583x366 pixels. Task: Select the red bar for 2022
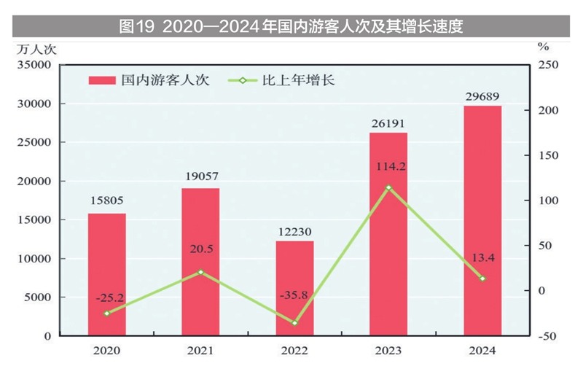coord(295,288)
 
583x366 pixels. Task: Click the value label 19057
coord(200,176)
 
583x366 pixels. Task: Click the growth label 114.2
coord(388,166)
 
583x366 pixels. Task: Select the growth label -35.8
coord(295,295)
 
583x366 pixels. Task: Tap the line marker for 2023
coord(388,187)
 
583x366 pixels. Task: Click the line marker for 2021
coord(200,272)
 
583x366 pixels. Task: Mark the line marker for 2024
coord(482,279)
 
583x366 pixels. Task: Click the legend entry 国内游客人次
coord(149,80)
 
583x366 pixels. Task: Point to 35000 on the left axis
coord(34,65)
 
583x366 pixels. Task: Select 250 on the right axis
coord(548,65)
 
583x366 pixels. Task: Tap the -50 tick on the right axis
coord(548,336)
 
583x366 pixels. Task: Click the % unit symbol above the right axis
coord(543,47)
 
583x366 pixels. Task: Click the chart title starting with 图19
coord(291,27)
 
